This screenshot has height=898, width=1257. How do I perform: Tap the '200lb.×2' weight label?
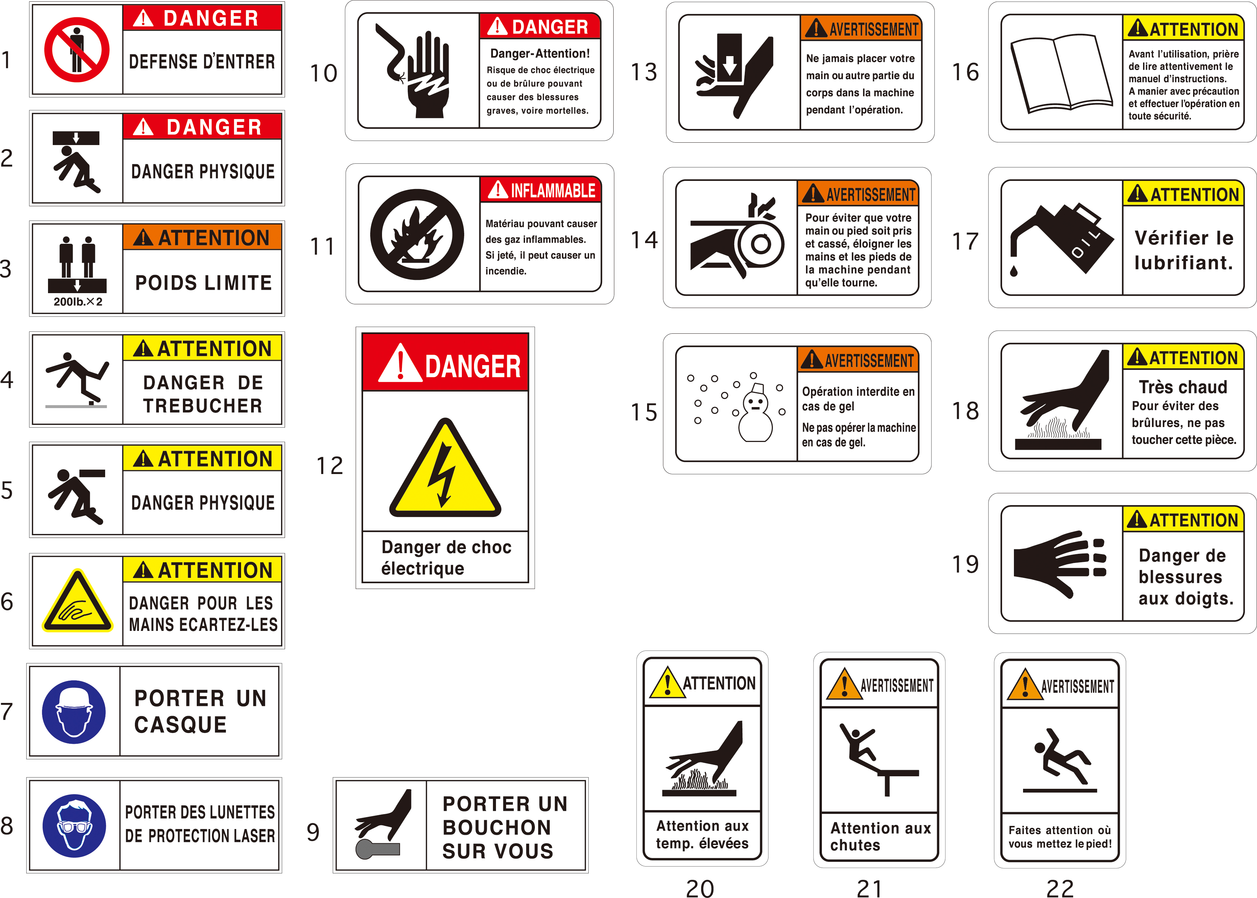[x=78, y=302]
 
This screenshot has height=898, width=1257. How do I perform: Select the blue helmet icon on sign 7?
[x=74, y=712]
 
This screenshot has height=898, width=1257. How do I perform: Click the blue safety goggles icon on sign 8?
[x=74, y=826]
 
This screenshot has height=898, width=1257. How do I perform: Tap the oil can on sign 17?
[x=1061, y=238]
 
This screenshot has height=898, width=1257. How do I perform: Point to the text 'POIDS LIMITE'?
[x=204, y=283]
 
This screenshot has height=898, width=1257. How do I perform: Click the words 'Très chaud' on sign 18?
[x=1183, y=386]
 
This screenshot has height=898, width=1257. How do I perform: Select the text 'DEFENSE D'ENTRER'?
[x=202, y=62]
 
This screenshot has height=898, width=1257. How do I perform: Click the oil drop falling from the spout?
[x=1014, y=271]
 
